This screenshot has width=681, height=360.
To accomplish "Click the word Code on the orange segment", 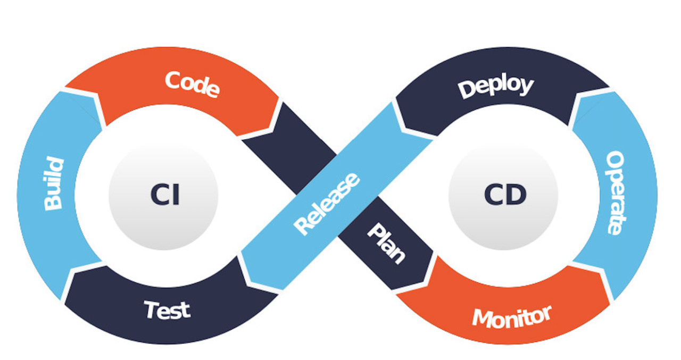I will click(192, 84).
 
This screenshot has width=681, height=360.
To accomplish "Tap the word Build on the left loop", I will click(54, 183).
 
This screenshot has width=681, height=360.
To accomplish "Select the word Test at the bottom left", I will click(167, 309).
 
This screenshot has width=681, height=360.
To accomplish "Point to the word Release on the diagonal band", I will click(326, 203).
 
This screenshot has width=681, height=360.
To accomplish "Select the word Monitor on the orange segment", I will click(512, 317).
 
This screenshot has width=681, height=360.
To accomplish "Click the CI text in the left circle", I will click(165, 195).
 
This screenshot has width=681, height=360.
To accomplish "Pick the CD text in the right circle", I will click(505, 195).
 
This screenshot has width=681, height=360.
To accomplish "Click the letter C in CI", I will click(159, 195).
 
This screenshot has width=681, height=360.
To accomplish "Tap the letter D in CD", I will click(516, 195).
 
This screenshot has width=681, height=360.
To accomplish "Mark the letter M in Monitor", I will click(481, 320).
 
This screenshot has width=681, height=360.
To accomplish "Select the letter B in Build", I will click(53, 203).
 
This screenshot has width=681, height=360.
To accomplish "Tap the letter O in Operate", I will click(615, 159).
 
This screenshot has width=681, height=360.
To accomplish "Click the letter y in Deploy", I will click(525, 86).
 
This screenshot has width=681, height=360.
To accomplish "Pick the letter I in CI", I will click(175, 195).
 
